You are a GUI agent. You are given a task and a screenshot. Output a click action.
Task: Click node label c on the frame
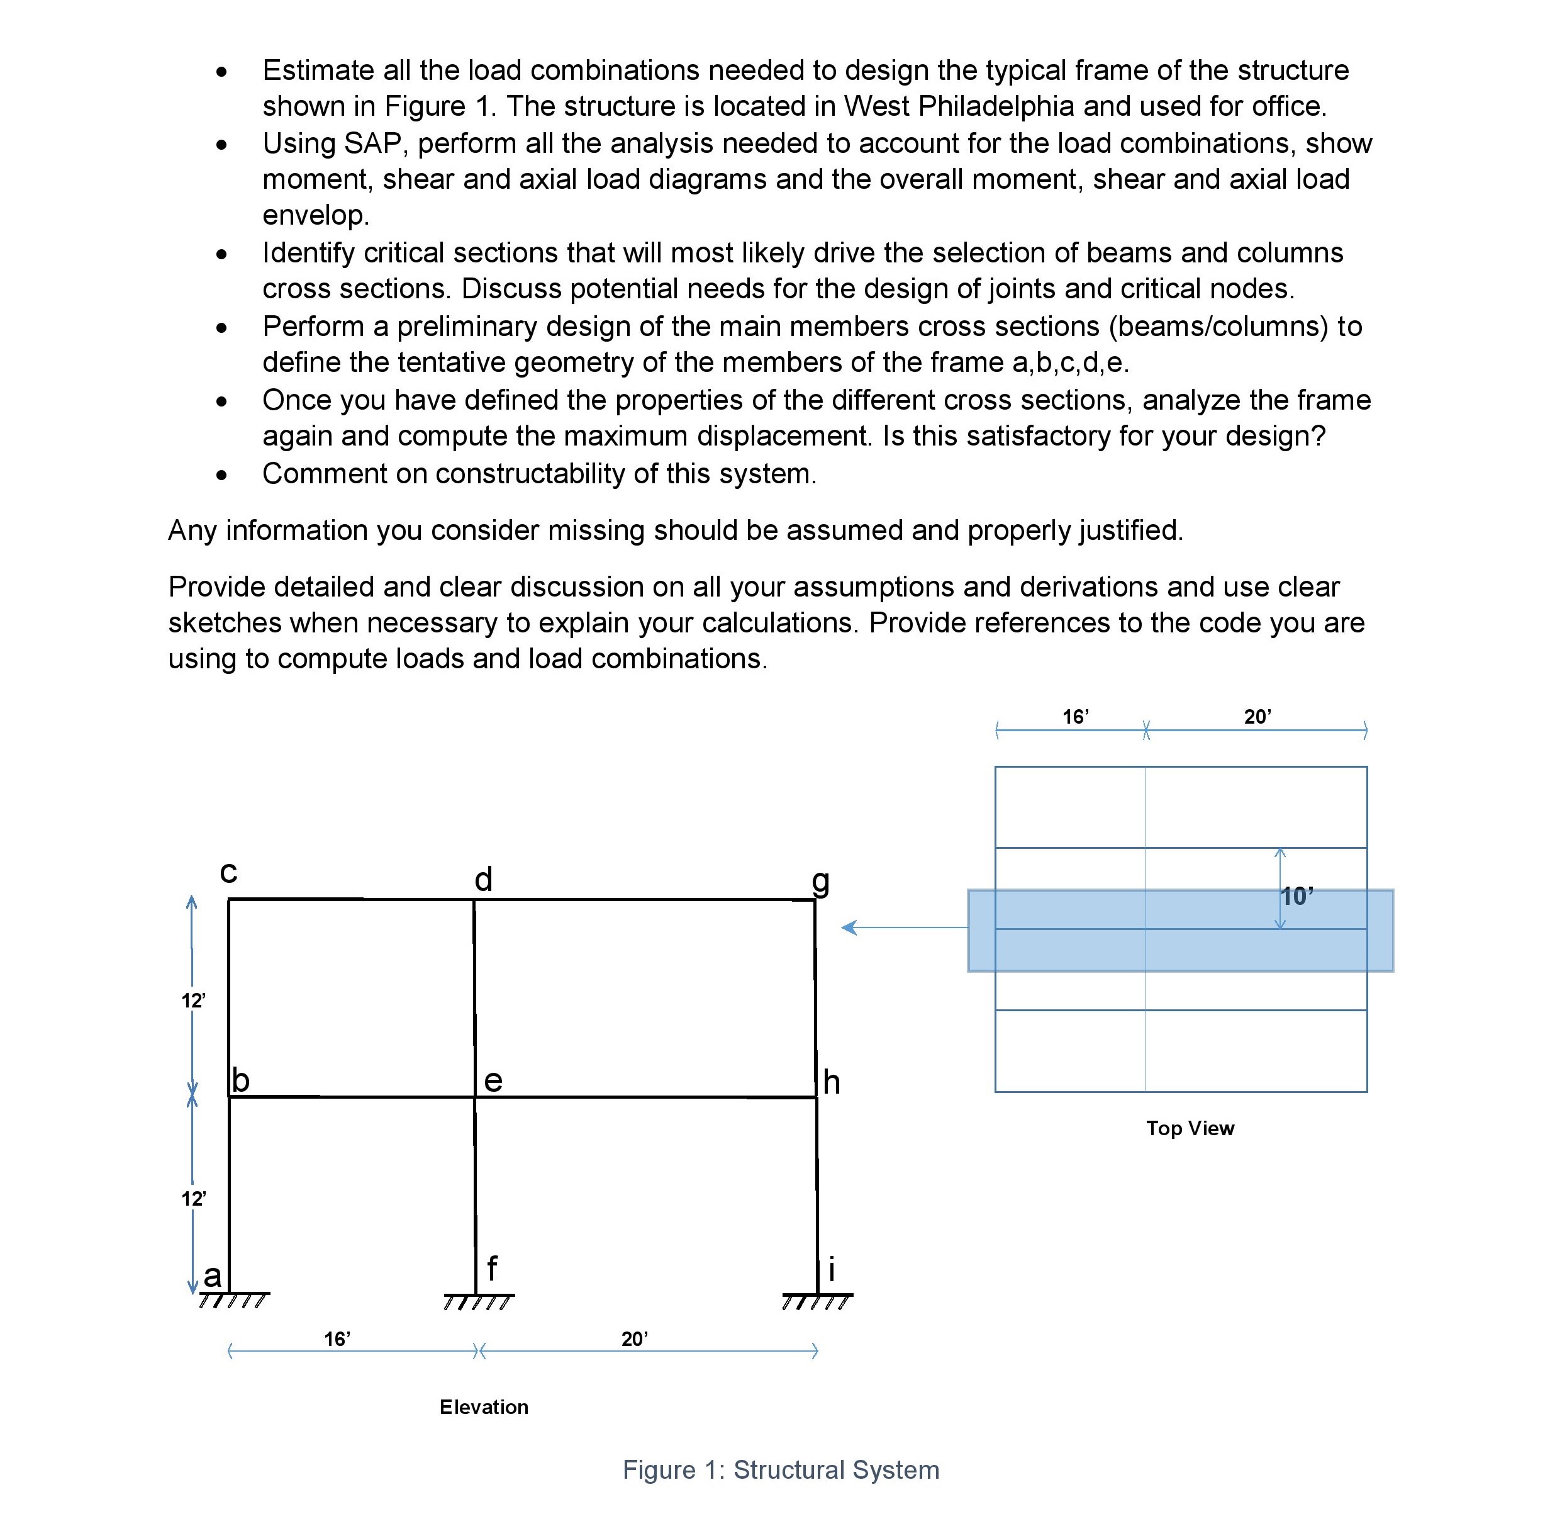[228, 873]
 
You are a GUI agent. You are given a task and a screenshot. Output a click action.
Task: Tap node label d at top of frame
[483, 880]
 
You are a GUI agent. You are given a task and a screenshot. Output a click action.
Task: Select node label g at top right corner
[820, 881]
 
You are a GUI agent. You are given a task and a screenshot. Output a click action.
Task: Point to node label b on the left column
[241, 1080]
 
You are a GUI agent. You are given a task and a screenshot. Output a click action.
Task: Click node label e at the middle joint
[493, 1081]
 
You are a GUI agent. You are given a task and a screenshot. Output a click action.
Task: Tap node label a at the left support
[212, 1274]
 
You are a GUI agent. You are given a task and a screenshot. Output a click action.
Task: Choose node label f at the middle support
[492, 1269]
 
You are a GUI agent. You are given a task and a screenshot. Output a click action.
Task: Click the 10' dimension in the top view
[1297, 895]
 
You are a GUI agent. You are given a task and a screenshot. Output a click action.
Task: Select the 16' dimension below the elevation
[337, 1338]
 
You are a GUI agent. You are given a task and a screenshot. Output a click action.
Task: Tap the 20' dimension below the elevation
[635, 1338]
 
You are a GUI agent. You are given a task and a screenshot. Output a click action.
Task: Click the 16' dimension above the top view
[1076, 717]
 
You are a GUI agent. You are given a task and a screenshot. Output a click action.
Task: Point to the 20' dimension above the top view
[1257, 717]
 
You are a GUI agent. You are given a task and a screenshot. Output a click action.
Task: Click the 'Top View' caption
[1190, 1128]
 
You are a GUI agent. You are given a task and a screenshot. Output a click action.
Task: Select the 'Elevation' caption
[484, 1406]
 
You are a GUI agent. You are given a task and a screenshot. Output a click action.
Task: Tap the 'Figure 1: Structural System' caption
[781, 1470]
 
